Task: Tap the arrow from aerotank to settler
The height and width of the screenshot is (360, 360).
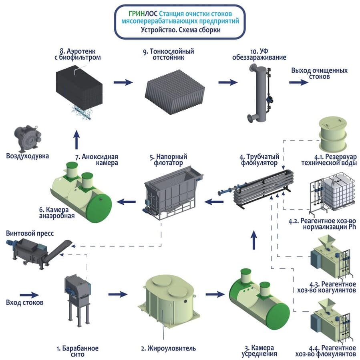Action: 123,82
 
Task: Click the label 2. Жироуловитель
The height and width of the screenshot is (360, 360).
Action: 168,349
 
